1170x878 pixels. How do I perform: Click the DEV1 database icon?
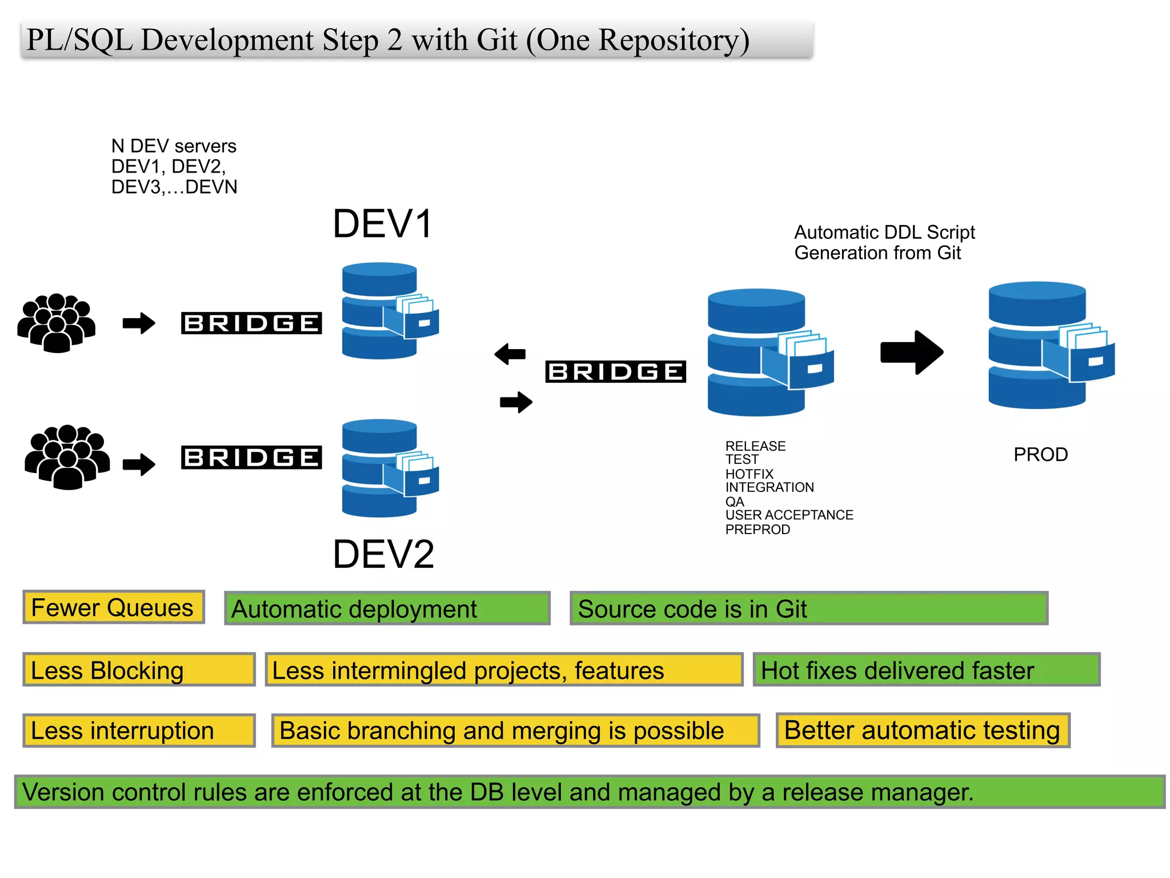tap(388, 311)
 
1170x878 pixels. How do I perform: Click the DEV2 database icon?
tap(388, 468)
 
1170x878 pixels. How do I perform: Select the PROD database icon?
tap(1048, 346)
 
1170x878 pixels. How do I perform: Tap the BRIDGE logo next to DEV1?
tap(251, 323)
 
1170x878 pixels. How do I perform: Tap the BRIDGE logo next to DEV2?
tap(251, 458)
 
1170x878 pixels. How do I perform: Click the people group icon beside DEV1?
tap(56, 323)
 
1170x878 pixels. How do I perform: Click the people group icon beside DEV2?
tap(67, 457)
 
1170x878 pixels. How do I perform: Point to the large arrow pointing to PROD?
tap(911, 352)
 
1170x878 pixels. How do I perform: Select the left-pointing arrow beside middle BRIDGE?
tap(510, 354)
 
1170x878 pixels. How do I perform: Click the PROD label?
tap(1040, 455)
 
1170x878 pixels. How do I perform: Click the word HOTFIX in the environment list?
tap(749, 474)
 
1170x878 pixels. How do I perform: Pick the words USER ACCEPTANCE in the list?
tap(789, 515)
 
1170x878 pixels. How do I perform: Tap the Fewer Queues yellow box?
tap(113, 608)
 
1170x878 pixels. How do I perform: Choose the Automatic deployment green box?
tap(387, 609)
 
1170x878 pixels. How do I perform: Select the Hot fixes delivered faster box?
tap(926, 670)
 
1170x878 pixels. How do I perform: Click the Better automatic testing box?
tap(922, 731)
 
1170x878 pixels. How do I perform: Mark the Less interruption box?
tap(138, 731)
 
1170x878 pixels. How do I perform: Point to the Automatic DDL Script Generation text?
tap(884, 243)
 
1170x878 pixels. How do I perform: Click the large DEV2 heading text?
tap(383, 554)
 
